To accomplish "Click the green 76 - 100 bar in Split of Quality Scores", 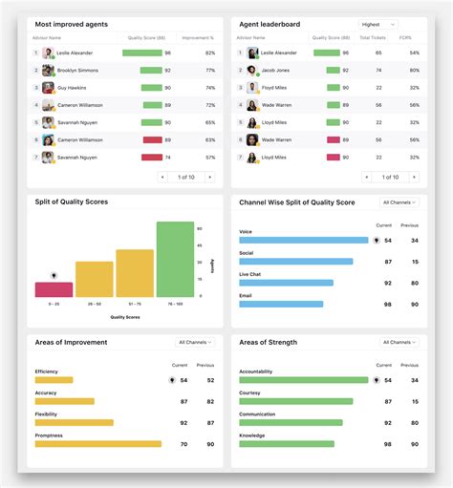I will pos(175,259).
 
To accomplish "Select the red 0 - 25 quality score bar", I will pos(54,289).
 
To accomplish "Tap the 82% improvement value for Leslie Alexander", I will pos(209,53).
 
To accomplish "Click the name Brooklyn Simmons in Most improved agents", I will pos(77,71).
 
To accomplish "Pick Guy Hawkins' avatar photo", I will pos(48,88).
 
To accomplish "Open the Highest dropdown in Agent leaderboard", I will pos(378,24).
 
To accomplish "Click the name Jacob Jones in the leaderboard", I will pos(275,71).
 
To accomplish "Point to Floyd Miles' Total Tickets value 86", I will pos(378,88).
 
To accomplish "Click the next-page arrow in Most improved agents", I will pos(209,177).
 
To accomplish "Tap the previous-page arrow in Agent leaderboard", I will pos(366,177).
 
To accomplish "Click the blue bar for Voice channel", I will pos(303,241).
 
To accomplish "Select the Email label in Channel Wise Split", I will pos(246,295).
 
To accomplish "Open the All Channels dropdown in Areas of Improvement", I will pos(196,342).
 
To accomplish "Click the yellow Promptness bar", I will pos(97,443).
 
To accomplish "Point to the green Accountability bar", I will pos(303,379).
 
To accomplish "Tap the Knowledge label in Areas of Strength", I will pos(252,435).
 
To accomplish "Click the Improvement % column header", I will pos(198,38).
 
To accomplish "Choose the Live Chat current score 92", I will pos(388,283).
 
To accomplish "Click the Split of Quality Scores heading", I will pos(71,202).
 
